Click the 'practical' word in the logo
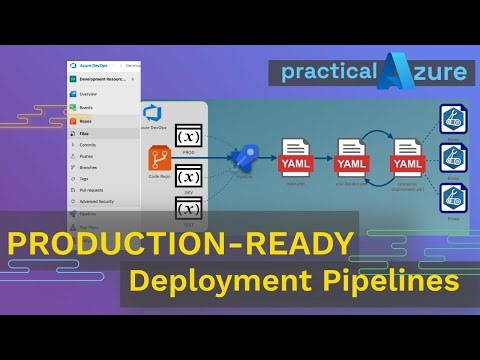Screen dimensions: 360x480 [326, 72]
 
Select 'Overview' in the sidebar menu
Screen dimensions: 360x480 [89, 93]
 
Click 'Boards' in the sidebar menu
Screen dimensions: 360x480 [87, 106]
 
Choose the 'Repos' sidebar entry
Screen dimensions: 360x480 [87, 120]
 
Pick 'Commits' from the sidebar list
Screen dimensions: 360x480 [89, 146]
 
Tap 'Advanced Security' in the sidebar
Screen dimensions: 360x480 [100, 201]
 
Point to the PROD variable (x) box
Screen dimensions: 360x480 [189, 136]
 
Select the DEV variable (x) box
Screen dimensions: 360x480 [189, 177]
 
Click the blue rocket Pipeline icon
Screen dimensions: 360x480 [245, 157]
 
